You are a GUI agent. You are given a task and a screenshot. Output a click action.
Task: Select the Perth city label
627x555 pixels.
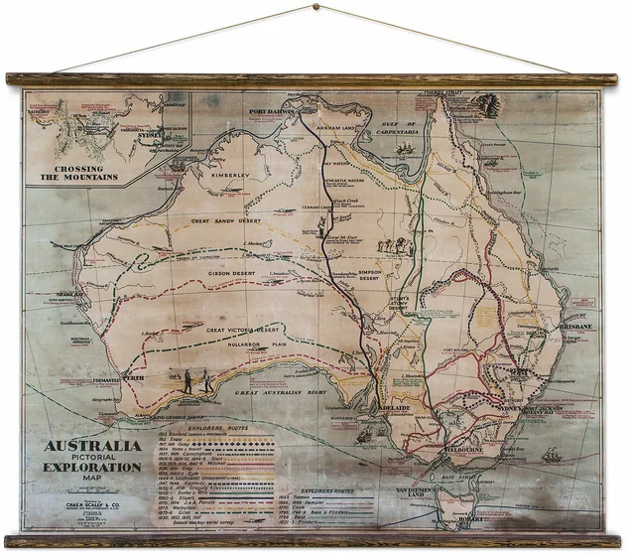point(136,377)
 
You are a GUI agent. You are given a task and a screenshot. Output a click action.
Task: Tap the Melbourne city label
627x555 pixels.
point(461,448)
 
